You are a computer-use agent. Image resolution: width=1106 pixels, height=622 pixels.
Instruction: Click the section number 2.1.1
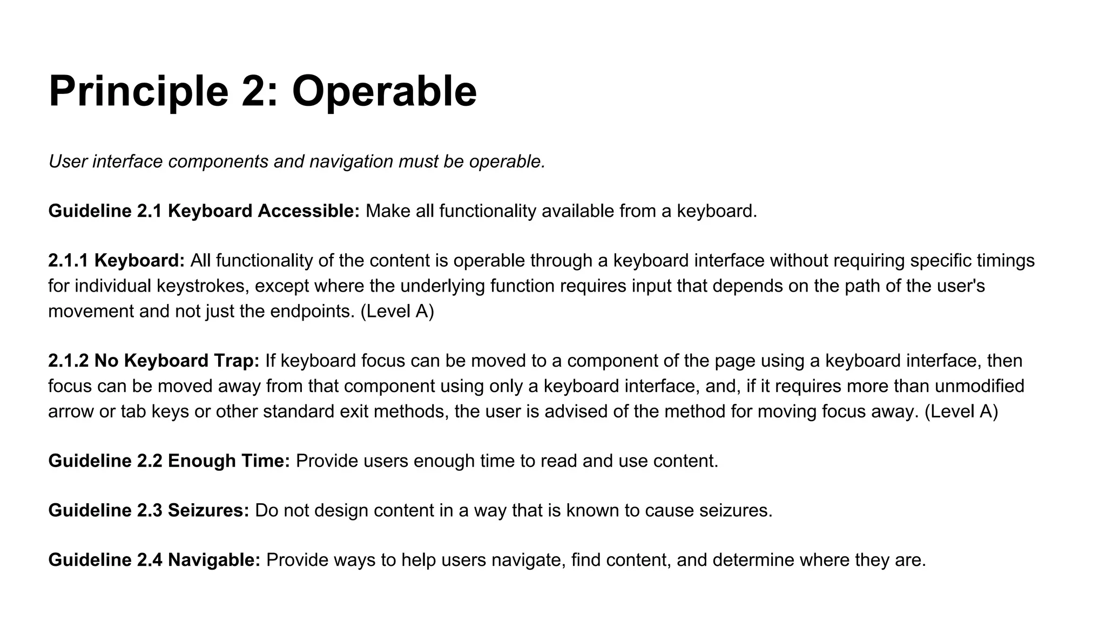point(68,261)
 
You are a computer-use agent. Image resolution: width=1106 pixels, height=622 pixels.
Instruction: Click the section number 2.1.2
point(68,361)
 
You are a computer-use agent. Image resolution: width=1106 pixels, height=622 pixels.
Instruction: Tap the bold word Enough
point(201,461)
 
